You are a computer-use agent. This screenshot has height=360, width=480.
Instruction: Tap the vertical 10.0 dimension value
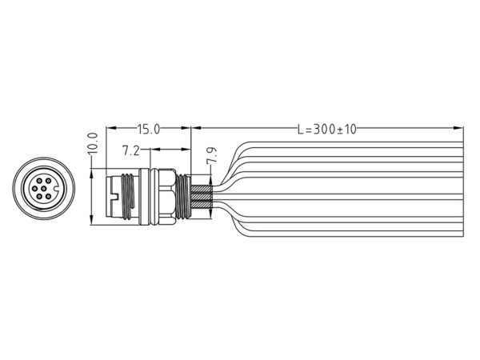coord(92,143)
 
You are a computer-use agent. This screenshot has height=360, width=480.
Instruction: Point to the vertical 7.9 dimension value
coord(211,155)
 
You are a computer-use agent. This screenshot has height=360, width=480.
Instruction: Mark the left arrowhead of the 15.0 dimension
coord(111,128)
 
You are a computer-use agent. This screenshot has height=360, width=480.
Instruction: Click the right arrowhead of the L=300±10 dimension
coord(458,128)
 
